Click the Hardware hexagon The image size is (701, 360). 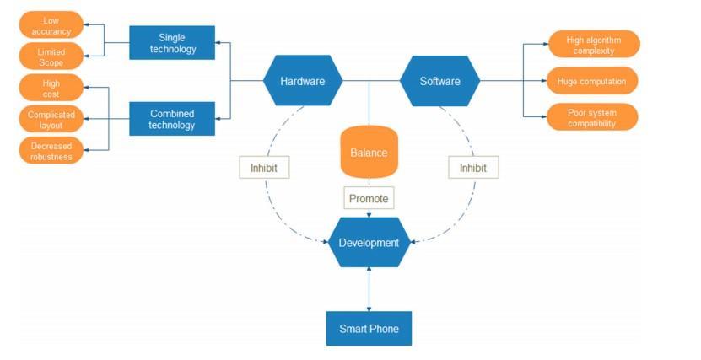point(303,81)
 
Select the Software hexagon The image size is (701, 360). point(439,81)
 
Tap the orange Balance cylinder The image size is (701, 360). point(369,153)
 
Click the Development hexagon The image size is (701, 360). point(369,243)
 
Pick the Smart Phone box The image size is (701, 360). point(369,329)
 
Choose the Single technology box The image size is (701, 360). point(172,43)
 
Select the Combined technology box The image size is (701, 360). point(172,120)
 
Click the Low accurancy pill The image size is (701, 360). point(51,25)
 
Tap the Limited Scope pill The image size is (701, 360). point(51,57)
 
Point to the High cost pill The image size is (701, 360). point(51,89)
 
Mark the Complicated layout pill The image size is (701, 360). point(51,120)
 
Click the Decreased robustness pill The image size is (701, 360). point(51,151)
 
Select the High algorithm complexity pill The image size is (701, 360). point(591,45)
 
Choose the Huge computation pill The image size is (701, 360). point(591,81)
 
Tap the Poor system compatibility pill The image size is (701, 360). point(591,118)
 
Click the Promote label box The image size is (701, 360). point(369,198)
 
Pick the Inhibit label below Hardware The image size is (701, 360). point(264,168)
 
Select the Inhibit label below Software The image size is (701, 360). point(472,168)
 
